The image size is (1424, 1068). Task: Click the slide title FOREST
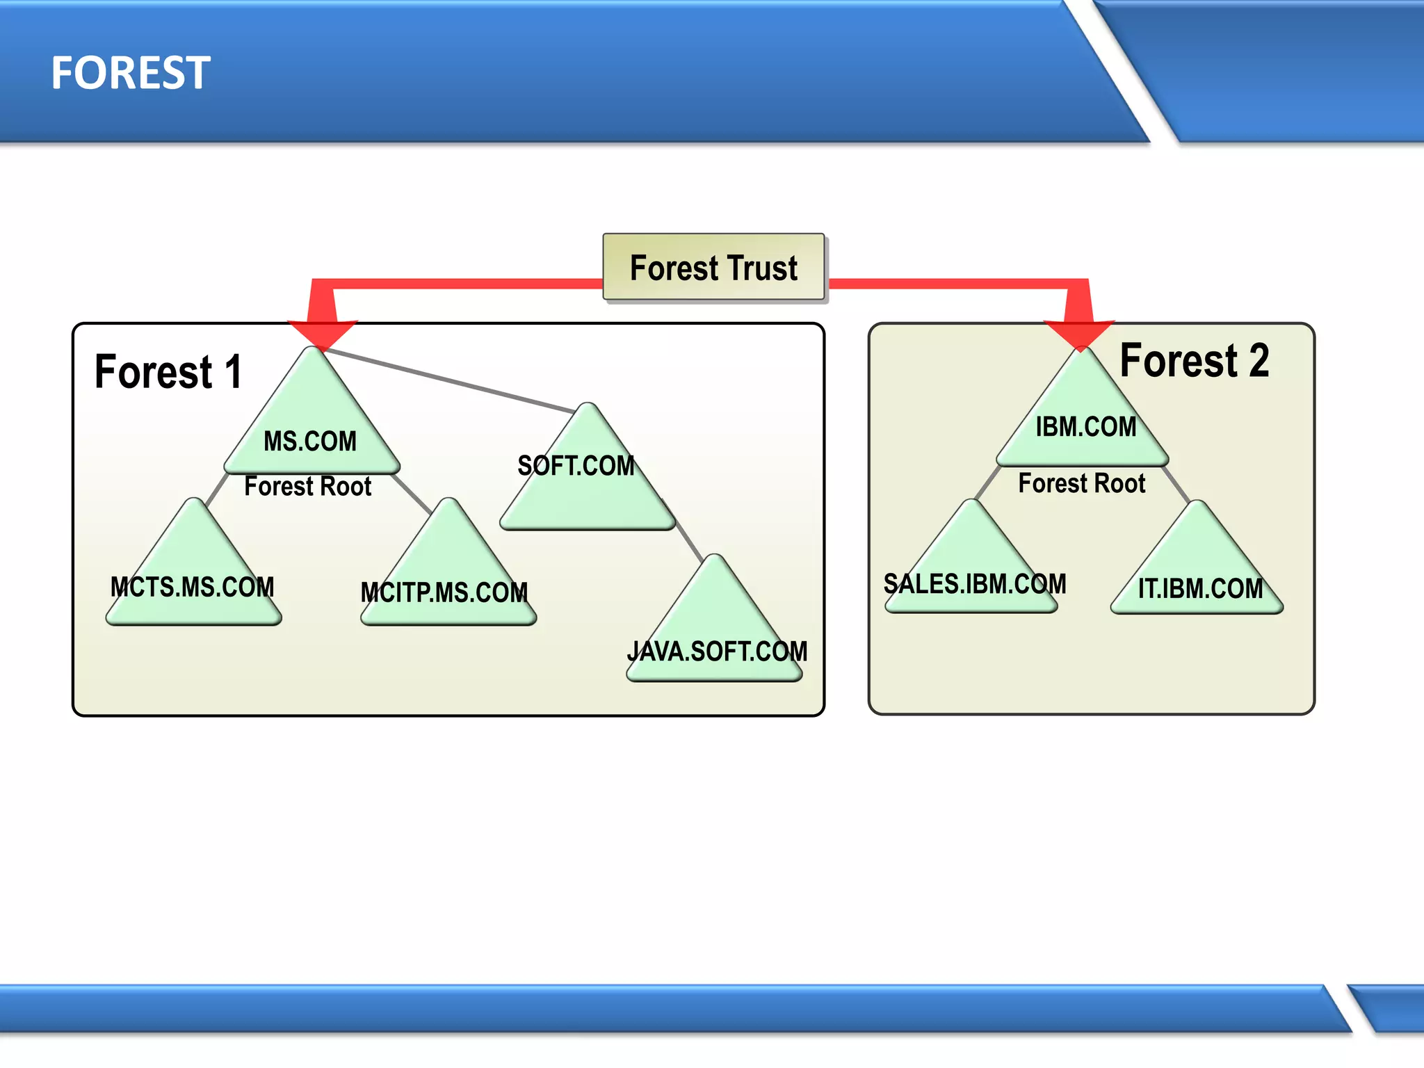(x=130, y=72)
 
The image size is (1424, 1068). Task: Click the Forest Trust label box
(x=713, y=268)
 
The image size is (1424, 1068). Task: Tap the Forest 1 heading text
(x=168, y=371)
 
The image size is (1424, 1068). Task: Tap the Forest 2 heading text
(x=1194, y=361)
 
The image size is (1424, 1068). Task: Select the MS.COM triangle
(x=311, y=431)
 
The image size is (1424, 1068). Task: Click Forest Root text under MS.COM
(x=307, y=487)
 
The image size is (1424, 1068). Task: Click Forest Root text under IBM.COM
(x=1081, y=483)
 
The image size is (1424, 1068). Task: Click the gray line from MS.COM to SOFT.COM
(x=452, y=380)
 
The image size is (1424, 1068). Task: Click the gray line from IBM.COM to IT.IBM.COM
(x=1176, y=485)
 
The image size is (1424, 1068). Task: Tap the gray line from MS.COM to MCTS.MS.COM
(x=217, y=489)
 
